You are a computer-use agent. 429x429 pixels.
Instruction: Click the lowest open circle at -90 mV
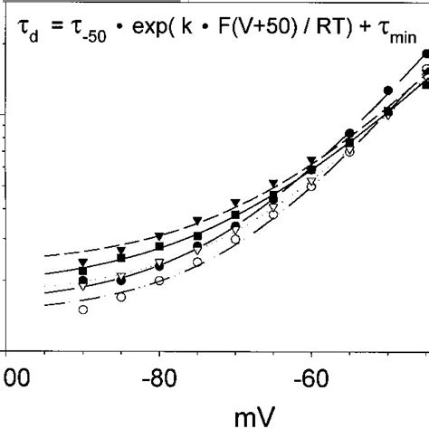coord(83,310)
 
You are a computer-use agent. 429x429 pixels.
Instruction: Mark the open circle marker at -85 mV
coord(121,296)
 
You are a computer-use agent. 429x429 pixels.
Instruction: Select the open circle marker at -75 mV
coord(197,262)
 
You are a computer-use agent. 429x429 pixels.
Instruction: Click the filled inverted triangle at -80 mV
coord(159,235)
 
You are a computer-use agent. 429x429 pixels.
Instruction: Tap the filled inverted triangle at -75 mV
coord(197,221)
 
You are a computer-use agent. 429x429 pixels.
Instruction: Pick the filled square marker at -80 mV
coord(159,246)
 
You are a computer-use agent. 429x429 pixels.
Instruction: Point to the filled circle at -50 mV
coord(387,91)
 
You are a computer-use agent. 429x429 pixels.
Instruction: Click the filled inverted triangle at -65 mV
coord(273,185)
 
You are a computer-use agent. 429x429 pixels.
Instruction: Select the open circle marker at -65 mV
coord(273,214)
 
